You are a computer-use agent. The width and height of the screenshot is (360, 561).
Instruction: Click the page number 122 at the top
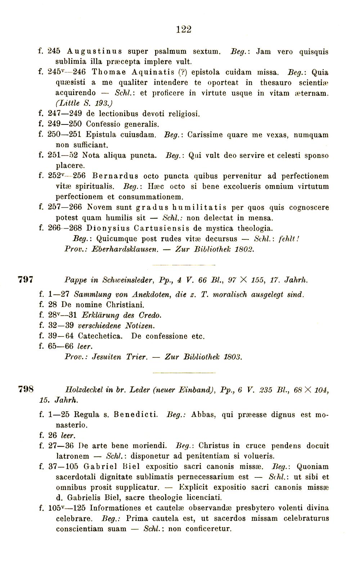[x=184, y=30]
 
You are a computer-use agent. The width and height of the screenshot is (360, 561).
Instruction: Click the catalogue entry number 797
[x=26, y=279]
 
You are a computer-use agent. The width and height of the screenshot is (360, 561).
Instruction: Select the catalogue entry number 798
[x=26, y=389]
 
